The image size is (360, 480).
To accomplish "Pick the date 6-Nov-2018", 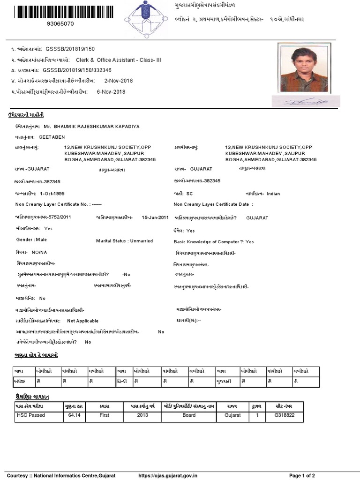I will [x=110, y=91].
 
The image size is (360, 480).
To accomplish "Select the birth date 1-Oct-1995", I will [x=52, y=193].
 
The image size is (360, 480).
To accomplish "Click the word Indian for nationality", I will [x=273, y=193].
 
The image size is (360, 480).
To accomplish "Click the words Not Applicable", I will [x=83, y=321].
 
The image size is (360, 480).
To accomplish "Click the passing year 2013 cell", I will [x=142, y=415].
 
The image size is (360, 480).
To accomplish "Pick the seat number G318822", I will [x=285, y=415].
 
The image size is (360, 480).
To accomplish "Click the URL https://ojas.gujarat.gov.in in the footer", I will [x=168, y=476].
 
